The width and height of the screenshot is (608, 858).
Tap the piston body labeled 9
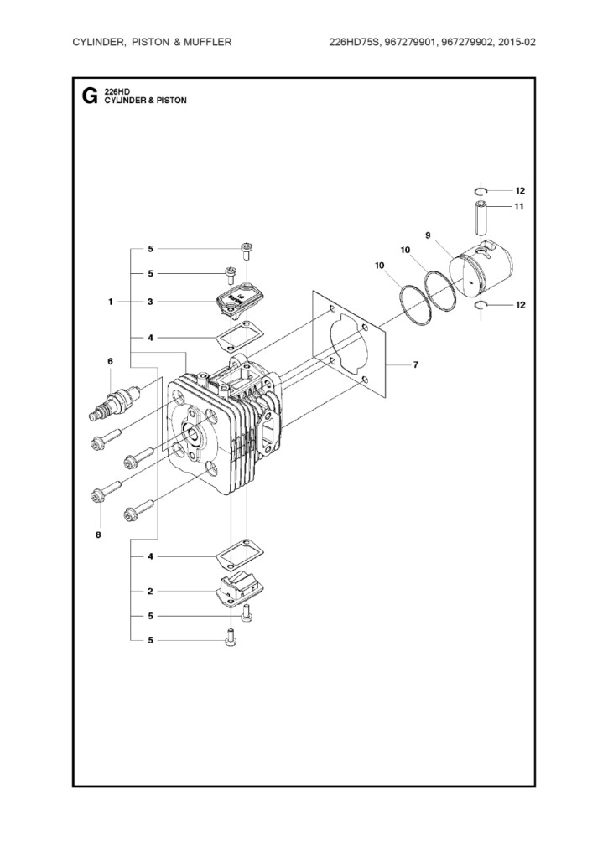click(x=481, y=272)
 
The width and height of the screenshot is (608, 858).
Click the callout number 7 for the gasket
click(x=416, y=364)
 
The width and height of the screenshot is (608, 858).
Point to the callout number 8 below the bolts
click(x=99, y=535)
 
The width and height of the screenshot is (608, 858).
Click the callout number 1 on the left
click(x=111, y=302)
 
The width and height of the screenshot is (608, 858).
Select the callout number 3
click(x=151, y=302)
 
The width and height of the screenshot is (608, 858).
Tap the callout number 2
click(x=151, y=592)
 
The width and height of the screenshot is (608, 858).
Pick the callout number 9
click(x=428, y=235)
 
